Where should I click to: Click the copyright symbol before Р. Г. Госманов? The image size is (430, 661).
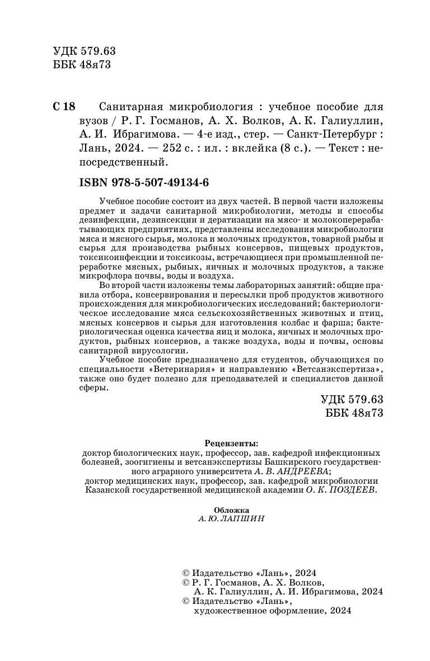tap(187, 582)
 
